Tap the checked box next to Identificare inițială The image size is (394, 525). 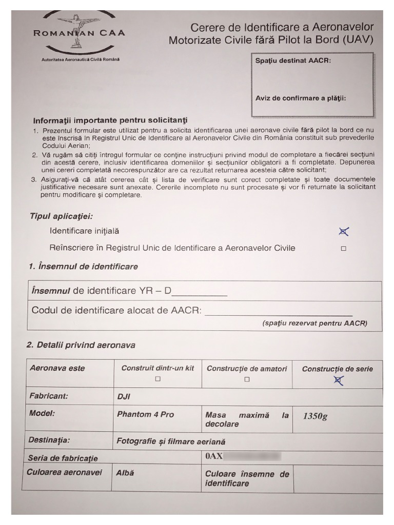click(x=344, y=232)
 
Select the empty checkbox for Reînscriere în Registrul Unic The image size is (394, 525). click(x=344, y=249)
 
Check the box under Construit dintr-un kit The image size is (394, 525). click(x=157, y=379)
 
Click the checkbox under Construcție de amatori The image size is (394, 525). click(x=247, y=379)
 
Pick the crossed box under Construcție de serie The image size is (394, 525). click(x=338, y=380)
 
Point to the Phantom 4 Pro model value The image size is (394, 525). click(x=145, y=414)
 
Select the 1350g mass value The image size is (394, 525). click(x=315, y=416)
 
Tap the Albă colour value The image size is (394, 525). click(x=125, y=473)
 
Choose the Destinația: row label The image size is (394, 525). click(x=49, y=440)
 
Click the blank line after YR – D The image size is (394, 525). click(x=200, y=293)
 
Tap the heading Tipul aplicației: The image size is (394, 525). click(x=61, y=216)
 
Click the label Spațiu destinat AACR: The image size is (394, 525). click(x=293, y=60)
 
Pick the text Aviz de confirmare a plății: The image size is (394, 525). click(x=301, y=98)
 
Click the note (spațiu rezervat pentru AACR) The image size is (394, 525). click(x=314, y=324)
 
